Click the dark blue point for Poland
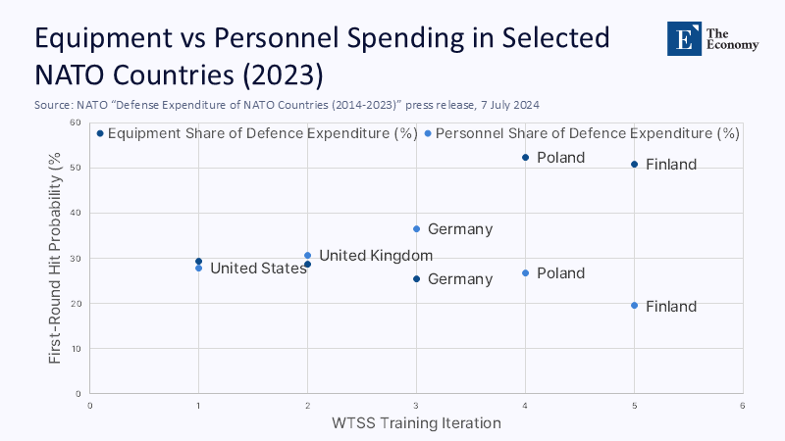coord(525,158)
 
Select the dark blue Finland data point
coord(634,164)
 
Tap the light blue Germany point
coord(416,229)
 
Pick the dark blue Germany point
coord(416,279)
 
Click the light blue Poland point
coord(525,273)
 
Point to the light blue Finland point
coord(634,306)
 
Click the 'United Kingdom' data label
coord(376,256)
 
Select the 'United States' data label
coord(258,269)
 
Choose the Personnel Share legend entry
coord(587,133)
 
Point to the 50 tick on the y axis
coord(74,168)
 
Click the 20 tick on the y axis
coord(74,304)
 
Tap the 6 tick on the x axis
coord(742,405)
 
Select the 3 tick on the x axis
coord(416,405)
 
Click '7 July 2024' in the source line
coord(503,103)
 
